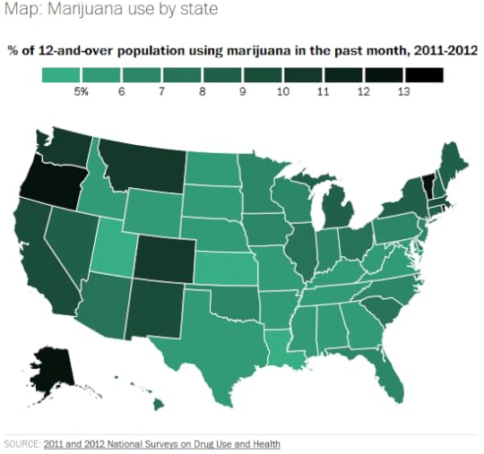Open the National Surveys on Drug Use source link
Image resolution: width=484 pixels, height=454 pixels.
tap(161, 443)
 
